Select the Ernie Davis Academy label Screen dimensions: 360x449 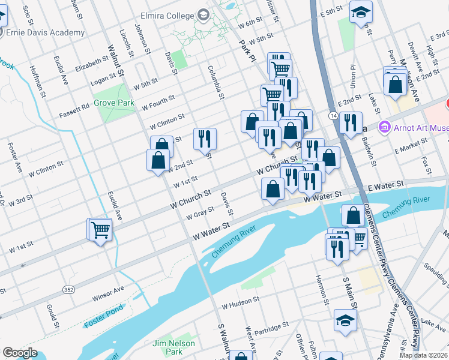point(45,32)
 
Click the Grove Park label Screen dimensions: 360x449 point(114,103)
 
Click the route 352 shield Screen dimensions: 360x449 point(70,290)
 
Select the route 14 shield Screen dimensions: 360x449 point(333,115)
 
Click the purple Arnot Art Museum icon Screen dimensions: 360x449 point(384,128)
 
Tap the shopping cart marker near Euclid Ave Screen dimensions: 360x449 point(100,229)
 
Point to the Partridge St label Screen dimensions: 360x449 point(271,328)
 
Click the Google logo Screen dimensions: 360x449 point(20,353)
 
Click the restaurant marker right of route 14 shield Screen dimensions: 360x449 point(351,122)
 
